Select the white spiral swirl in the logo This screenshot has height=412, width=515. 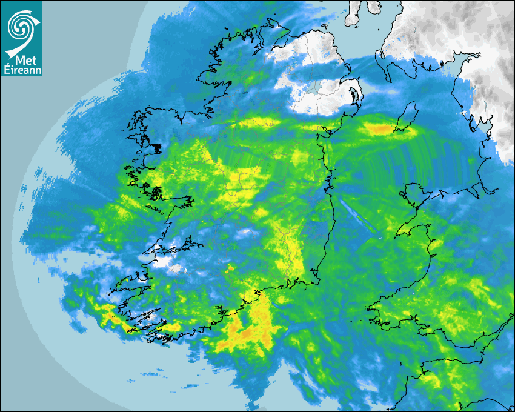tap(19, 23)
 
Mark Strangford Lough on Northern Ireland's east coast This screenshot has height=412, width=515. tap(354, 98)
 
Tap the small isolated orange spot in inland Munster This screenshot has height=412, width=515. tap(230, 267)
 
